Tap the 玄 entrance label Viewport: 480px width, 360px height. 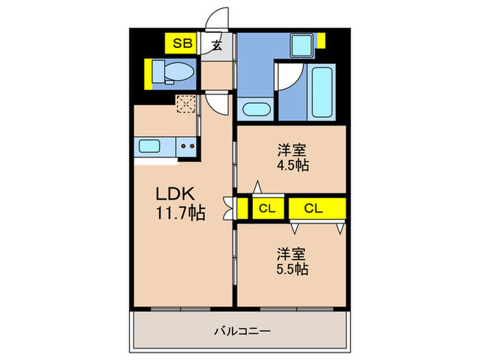coord(216,46)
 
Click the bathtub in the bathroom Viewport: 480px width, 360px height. coord(322,93)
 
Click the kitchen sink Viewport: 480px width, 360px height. coord(148,145)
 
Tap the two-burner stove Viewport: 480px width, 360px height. coord(187,145)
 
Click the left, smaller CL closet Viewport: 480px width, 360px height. coord(265,208)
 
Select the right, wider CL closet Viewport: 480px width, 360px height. coord(316,208)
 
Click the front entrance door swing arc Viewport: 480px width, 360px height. coord(219,19)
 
